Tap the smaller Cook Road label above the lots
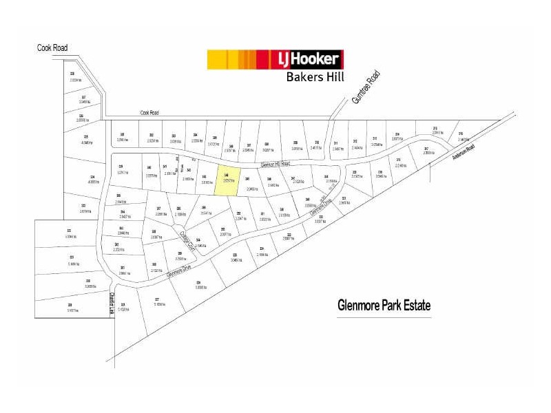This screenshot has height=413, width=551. click(x=149, y=113)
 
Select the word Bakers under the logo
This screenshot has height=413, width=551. click(x=304, y=77)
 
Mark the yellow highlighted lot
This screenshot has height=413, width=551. click(x=229, y=180)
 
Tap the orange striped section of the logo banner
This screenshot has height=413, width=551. click(x=255, y=59)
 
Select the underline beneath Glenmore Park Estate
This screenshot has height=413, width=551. click(x=384, y=317)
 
